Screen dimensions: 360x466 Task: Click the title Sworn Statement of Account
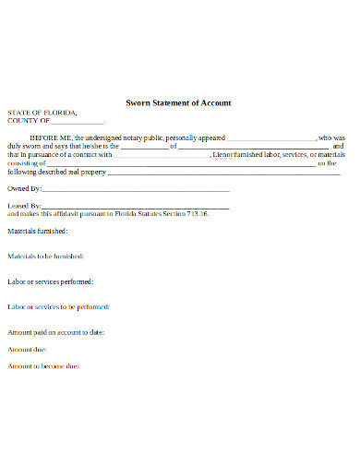pyautogui.click(x=178, y=102)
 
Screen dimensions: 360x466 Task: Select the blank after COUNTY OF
pyautogui.click(x=78, y=122)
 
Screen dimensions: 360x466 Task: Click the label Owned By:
pyautogui.click(x=24, y=188)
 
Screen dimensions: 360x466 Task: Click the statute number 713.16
pyautogui.click(x=198, y=213)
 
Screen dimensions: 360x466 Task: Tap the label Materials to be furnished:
pyautogui.click(x=45, y=256)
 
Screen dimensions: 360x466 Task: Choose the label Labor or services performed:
pyautogui.click(x=50, y=281)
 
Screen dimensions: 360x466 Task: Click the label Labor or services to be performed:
pyautogui.click(x=59, y=306)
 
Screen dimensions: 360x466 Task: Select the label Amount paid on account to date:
pyautogui.click(x=55, y=331)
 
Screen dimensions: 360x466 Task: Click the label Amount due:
pyautogui.click(x=27, y=350)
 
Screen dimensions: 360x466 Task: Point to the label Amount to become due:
pyautogui.click(x=42, y=366)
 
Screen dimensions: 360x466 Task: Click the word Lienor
pyautogui.click(x=223, y=154)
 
